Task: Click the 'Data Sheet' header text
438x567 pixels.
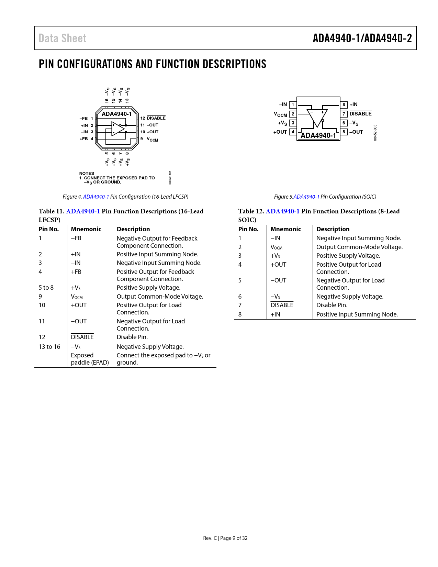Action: (62, 38)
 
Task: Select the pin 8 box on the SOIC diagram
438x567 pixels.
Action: (344, 104)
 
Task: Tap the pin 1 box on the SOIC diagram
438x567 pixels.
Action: (293, 105)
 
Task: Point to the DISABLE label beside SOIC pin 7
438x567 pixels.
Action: (360, 114)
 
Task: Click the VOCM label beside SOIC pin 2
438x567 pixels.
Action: (280, 114)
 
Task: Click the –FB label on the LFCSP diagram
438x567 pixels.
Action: (83, 119)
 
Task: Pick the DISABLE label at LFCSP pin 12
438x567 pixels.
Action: (156, 118)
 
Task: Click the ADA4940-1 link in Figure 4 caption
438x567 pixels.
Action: (96, 197)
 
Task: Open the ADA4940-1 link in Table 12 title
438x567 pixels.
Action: (282, 211)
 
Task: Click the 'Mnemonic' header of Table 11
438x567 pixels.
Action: (86, 229)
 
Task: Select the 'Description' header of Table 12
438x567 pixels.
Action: (333, 229)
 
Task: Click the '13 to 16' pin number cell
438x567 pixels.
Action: (49, 347)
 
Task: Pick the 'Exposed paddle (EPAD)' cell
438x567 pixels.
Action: (90, 359)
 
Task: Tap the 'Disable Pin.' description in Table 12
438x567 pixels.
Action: (332, 305)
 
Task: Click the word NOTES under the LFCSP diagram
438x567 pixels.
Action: (87, 174)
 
